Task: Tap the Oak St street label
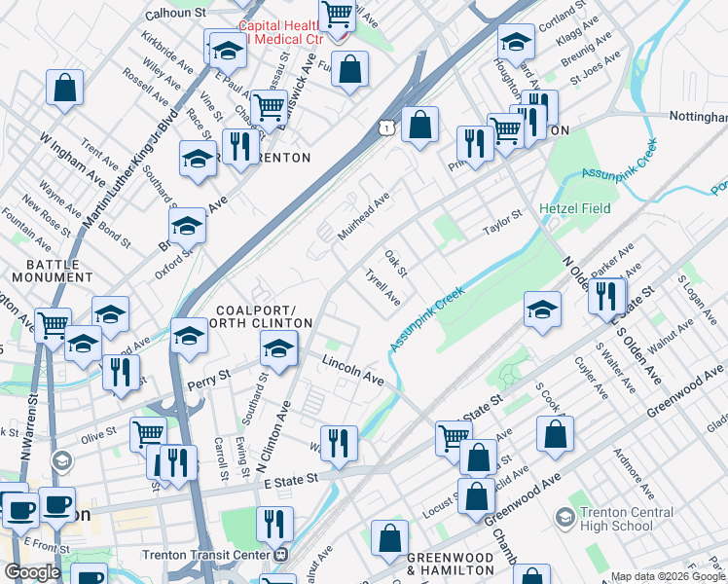[x=394, y=261]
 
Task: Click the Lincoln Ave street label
[x=353, y=369]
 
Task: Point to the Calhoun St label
[x=176, y=14]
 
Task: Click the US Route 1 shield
[x=387, y=128]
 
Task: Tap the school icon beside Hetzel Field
[x=542, y=310]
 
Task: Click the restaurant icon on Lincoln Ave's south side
[x=339, y=443]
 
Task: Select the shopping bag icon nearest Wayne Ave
[x=64, y=86]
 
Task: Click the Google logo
[x=32, y=572]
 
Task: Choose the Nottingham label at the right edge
[x=698, y=116]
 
